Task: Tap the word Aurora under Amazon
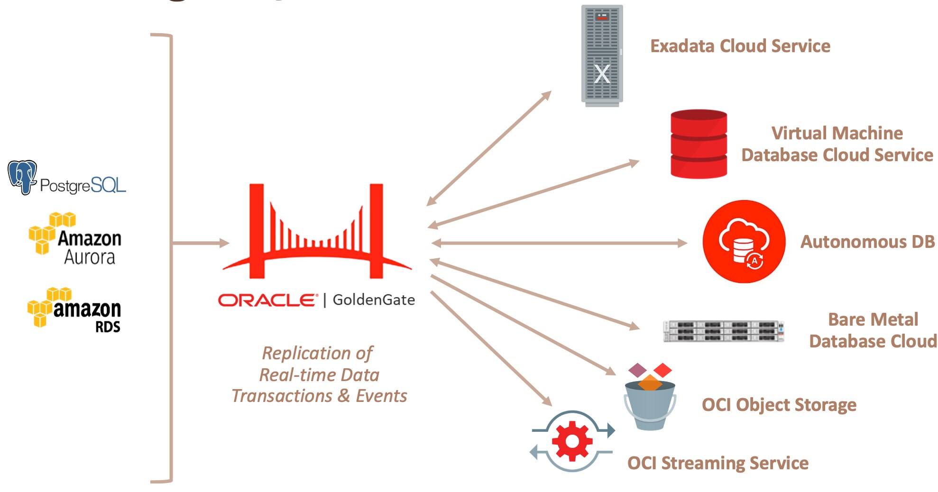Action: pos(90,257)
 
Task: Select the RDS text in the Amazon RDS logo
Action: pos(108,327)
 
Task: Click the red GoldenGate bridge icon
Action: pos(317,232)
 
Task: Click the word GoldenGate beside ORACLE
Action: pos(374,300)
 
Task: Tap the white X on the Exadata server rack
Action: pos(602,74)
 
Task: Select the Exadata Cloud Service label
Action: pos(740,46)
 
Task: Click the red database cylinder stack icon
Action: pos(699,144)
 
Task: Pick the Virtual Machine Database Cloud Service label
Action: pos(837,144)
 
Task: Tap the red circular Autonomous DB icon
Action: pos(744,242)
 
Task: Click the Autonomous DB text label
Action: pos(867,242)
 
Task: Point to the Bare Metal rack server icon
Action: pos(723,331)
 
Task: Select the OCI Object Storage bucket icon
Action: pos(650,401)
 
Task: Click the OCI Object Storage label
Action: pos(779,405)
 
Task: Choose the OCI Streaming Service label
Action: pos(717,463)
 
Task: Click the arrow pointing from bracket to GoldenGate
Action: pos(201,243)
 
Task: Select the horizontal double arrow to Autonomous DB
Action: pos(560,243)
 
